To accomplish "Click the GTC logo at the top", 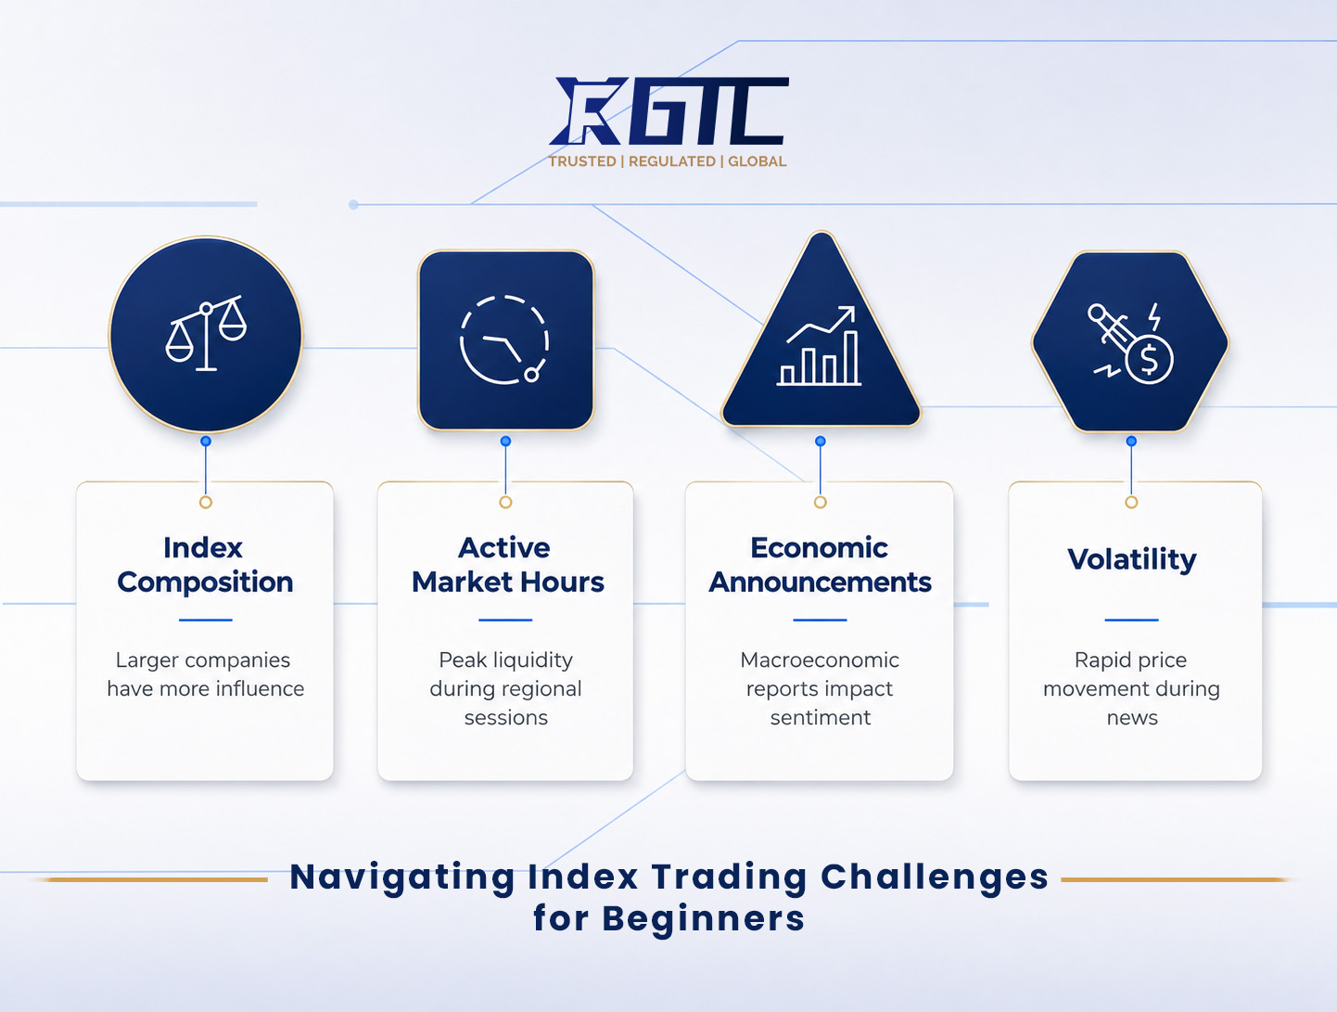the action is (668, 111).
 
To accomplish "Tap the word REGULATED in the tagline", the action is (672, 161).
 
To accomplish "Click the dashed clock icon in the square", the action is (504, 340).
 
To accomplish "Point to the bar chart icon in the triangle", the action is (820, 346).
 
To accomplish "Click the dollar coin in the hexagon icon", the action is (1149, 360).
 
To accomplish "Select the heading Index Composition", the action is (205, 565).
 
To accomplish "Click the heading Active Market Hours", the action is (507, 565).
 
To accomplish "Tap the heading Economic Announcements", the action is (820, 565).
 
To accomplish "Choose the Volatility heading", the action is (1132, 560).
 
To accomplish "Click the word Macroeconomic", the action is (820, 660).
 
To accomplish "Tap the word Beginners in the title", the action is (704, 919).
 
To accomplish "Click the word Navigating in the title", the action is (402, 878).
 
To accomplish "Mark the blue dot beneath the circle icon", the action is (206, 442).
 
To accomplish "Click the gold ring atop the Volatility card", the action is (1131, 503).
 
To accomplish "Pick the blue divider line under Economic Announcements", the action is (820, 620).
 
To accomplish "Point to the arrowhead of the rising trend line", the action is (848, 312).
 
